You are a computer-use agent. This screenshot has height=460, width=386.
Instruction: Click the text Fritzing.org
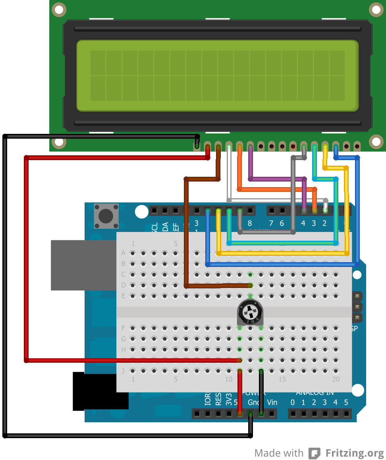[355, 453]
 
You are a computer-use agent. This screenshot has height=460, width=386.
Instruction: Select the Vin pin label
[272, 402]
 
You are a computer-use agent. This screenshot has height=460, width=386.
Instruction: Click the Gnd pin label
[254, 402]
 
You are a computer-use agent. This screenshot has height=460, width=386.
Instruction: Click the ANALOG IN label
[315, 393]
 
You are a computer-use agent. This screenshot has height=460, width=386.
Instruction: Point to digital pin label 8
[250, 223]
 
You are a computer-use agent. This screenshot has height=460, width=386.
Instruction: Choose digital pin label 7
[271, 223]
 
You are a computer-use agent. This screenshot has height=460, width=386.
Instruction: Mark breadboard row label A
[123, 253]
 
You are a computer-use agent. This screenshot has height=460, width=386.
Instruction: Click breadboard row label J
[123, 371]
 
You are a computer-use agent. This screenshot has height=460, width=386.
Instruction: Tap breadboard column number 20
[336, 379]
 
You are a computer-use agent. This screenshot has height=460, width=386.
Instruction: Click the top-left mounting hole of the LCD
[59, 10]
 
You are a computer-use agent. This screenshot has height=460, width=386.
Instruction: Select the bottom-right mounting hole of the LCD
[376, 141]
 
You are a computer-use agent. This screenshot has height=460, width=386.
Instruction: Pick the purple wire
[278, 179]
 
